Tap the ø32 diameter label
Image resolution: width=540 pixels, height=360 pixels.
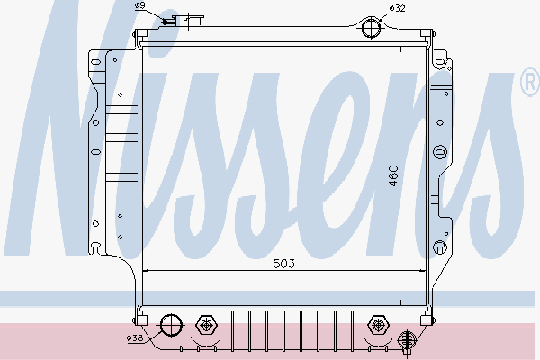[x=397, y=8]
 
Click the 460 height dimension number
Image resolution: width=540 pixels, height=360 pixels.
[x=392, y=176]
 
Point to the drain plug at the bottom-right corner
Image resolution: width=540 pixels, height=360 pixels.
[x=407, y=340]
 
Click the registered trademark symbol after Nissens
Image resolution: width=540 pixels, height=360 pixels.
[x=528, y=84]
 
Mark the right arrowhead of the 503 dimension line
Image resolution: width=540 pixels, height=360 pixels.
[x=424, y=270]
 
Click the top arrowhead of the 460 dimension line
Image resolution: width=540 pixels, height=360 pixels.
[x=400, y=45]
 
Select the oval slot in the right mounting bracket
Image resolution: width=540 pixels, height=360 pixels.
[x=439, y=152]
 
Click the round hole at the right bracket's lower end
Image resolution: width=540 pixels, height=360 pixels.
[x=439, y=247]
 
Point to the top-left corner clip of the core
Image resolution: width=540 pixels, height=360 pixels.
[x=141, y=36]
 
